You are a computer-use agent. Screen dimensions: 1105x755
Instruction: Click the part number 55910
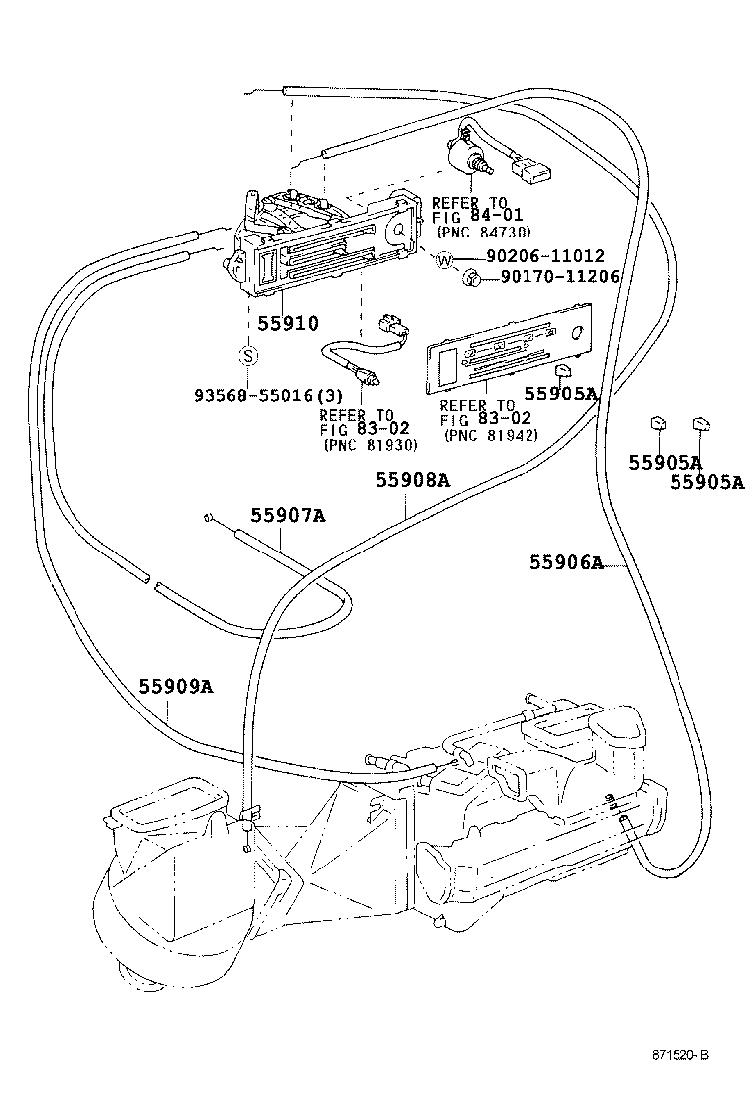click(287, 323)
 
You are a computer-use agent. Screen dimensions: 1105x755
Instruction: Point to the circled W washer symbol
click(444, 260)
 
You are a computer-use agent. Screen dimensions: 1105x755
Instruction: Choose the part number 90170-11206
click(559, 277)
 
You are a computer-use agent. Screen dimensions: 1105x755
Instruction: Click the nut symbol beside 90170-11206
click(473, 279)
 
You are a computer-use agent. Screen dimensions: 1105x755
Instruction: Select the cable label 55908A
click(412, 480)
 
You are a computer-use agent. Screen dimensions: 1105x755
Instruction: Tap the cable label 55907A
click(287, 515)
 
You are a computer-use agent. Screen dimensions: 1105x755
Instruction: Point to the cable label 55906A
click(566, 562)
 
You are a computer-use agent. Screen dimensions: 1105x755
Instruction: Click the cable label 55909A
click(175, 686)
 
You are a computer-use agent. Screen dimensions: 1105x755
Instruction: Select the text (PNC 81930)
click(371, 445)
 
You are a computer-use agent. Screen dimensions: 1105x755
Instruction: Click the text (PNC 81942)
click(491, 434)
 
